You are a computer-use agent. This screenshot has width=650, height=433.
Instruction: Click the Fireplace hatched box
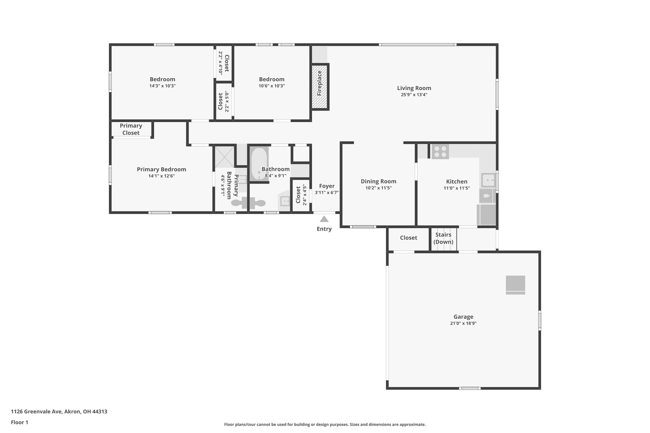[x=319, y=87]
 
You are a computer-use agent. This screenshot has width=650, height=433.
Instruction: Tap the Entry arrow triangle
[x=324, y=219]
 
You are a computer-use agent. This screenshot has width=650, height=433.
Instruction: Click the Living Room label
[x=414, y=88]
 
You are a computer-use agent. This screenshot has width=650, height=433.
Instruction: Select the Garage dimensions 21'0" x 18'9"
[x=463, y=324]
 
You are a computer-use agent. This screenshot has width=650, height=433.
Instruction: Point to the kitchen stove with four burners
[x=440, y=152]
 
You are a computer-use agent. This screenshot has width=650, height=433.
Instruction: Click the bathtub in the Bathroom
[x=259, y=164]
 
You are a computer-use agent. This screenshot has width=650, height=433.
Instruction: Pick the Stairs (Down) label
[x=443, y=238]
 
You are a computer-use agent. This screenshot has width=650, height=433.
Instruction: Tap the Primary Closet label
[x=131, y=129]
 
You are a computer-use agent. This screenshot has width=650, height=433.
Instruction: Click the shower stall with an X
[x=224, y=157]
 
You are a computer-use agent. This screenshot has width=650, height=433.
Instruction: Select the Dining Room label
[x=378, y=181]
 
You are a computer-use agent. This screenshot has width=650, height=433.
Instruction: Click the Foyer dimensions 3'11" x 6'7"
[x=327, y=193]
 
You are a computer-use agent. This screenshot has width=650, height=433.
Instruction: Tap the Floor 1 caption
[x=19, y=423]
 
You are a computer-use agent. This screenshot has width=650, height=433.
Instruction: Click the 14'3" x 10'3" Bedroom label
[x=162, y=79]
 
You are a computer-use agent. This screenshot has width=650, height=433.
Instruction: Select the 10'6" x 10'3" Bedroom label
[x=271, y=79]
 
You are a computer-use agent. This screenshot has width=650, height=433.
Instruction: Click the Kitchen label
[x=456, y=181]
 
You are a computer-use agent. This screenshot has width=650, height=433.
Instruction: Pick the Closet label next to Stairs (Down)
[x=408, y=238]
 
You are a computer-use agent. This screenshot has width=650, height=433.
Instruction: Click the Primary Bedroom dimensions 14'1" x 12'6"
[x=161, y=176]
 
